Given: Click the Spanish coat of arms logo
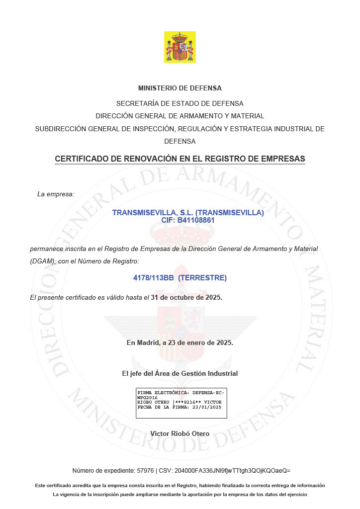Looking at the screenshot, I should point(180,47).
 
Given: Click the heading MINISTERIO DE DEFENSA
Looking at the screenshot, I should point(180,88).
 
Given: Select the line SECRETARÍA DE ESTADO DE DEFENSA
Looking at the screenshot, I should point(180,103).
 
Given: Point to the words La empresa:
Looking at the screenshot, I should point(56,193).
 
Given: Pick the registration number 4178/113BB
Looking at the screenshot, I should point(153,278).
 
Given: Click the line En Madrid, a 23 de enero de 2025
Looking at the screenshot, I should point(180,342).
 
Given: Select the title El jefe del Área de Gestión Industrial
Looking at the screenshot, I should point(180,373).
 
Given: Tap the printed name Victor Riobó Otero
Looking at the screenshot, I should point(180,433).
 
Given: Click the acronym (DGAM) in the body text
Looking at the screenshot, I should point(43,261).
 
